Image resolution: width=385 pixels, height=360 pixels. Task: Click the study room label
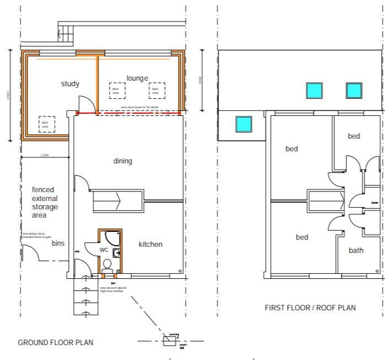[x=69, y=84]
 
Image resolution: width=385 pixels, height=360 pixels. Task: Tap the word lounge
[x=137, y=78]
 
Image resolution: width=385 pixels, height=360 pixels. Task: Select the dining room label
[x=122, y=161]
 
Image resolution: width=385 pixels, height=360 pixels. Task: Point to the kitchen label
[x=150, y=244]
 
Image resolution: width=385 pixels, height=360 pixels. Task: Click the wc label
[x=104, y=250]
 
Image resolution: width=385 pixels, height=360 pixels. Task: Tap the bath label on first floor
[x=356, y=250]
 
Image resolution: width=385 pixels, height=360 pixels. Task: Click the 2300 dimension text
[x=45, y=155]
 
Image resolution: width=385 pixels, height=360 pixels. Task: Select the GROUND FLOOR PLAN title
[x=51, y=342]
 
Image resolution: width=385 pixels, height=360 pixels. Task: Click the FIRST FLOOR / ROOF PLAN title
[x=310, y=308]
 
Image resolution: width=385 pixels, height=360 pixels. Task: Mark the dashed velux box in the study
[x=47, y=124]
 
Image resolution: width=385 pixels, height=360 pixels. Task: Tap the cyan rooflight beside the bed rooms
[x=243, y=124]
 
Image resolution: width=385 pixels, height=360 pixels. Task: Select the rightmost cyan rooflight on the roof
[x=354, y=89]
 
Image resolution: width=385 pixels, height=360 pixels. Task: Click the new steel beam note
[x=140, y=107]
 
